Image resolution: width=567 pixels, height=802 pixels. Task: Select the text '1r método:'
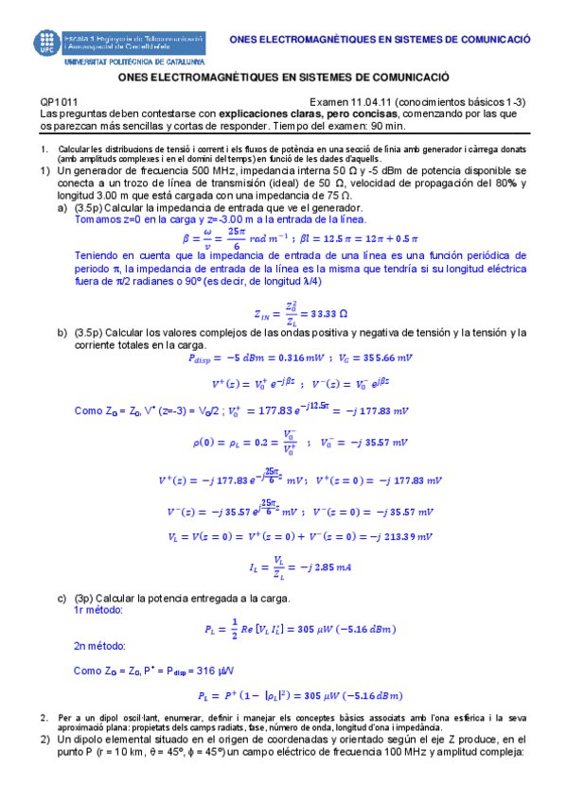click(102, 612)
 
